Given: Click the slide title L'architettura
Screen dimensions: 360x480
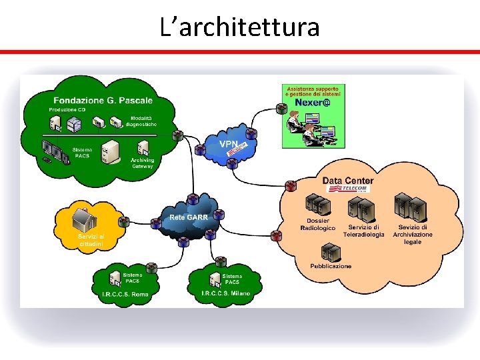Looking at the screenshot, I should (x=240, y=27).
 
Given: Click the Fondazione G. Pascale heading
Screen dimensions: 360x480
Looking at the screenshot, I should (x=103, y=101).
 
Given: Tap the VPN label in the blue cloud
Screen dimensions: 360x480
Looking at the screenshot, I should (x=228, y=143).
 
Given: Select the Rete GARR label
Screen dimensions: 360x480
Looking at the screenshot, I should (x=189, y=217).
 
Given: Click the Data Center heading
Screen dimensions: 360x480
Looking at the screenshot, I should (x=348, y=181).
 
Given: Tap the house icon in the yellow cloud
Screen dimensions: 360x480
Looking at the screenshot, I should (x=85, y=217).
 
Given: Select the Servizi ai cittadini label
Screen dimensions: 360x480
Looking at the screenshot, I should (x=91, y=241).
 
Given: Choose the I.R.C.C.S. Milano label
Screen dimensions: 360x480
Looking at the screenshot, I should (x=226, y=293).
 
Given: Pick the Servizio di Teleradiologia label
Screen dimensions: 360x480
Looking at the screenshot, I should (x=363, y=231).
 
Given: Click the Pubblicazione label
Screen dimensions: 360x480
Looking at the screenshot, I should (x=331, y=266).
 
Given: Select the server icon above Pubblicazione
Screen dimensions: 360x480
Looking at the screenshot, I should (x=330, y=251).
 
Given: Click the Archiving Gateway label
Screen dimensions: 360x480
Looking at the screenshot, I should (x=142, y=163).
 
